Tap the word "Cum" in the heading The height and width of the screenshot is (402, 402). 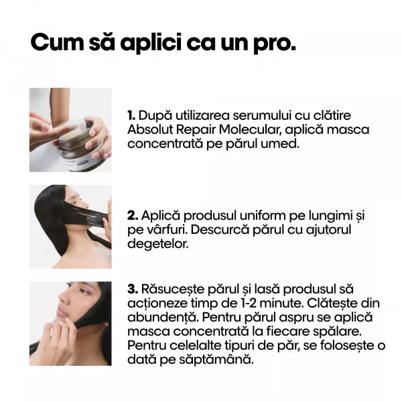57,42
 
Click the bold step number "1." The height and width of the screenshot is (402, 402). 131,116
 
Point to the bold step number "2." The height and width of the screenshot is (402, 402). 133,216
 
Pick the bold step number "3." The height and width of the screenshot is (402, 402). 133,289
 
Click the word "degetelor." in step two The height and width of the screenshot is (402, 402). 158,244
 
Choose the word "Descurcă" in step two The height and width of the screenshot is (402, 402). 220,230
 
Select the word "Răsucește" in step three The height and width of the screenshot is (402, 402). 173,289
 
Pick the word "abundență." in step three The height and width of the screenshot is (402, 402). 163,318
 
